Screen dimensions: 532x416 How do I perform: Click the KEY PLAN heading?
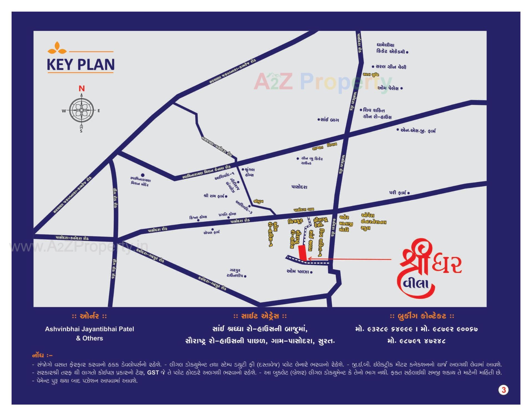coord(81,65)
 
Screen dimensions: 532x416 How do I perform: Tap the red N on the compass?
coord(81,89)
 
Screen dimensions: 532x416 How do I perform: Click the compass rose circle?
coord(81,110)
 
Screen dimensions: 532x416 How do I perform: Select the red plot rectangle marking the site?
coord(303,253)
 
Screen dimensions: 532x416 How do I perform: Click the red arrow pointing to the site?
coord(349,259)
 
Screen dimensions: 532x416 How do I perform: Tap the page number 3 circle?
coord(503,390)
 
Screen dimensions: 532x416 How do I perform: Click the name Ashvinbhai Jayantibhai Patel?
coord(89,329)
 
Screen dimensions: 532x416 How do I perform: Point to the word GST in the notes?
coord(153,373)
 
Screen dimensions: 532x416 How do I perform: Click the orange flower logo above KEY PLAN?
coord(57,48)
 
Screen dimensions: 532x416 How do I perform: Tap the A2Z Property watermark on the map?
coord(323,82)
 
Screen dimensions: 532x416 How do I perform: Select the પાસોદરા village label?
coord(299,187)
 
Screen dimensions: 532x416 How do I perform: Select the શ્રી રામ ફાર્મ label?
coord(214,196)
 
